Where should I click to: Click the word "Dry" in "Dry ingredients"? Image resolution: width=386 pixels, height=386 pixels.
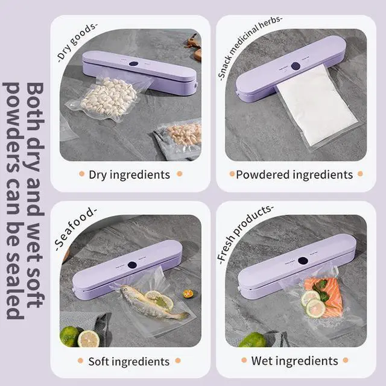(x=98, y=175)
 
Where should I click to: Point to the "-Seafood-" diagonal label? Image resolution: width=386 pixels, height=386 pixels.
(x=75, y=229)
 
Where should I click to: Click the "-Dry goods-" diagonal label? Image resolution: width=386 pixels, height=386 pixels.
(x=77, y=42)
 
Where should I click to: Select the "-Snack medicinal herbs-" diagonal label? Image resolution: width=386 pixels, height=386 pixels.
(x=249, y=48)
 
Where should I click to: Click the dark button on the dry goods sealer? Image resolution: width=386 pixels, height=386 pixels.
(x=133, y=64)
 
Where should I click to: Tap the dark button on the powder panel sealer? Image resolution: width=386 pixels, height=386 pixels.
(x=296, y=66)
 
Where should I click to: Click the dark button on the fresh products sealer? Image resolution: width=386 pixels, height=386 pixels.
(x=303, y=261)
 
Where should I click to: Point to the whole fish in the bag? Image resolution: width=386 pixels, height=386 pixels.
(x=153, y=303)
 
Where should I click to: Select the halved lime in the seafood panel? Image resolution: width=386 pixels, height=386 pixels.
(x=89, y=339)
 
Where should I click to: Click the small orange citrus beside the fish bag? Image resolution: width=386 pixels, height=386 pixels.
(x=188, y=294)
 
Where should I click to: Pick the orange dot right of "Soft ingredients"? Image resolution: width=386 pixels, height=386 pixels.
(x=178, y=361)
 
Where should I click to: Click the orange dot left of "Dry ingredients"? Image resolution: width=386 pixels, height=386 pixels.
(x=82, y=174)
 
